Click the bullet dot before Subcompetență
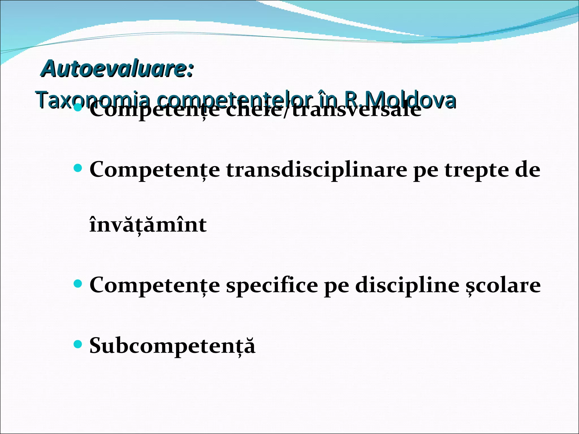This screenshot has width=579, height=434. pos(77,344)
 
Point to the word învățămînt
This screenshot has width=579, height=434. pos(148,225)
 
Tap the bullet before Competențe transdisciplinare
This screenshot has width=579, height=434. pos(77,169)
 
